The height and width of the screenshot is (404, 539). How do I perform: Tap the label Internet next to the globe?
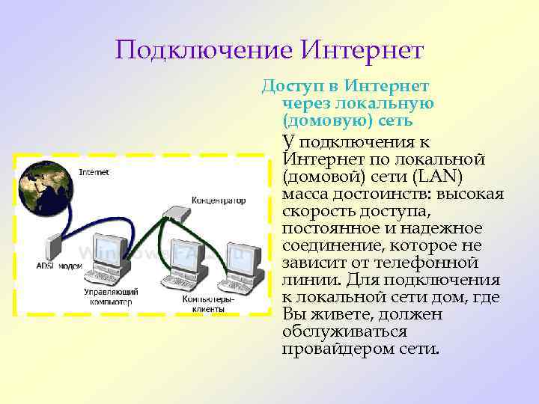[x=94, y=172]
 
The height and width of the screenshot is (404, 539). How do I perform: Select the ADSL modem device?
[x=53, y=248]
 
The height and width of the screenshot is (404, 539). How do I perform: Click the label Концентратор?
[x=218, y=201]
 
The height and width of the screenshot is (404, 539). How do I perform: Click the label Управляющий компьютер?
[x=109, y=297]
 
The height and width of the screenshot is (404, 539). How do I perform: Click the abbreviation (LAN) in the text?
[x=439, y=177]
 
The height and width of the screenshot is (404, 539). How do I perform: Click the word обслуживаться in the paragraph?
[x=345, y=331]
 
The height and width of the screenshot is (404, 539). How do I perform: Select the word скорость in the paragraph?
[x=315, y=212]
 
